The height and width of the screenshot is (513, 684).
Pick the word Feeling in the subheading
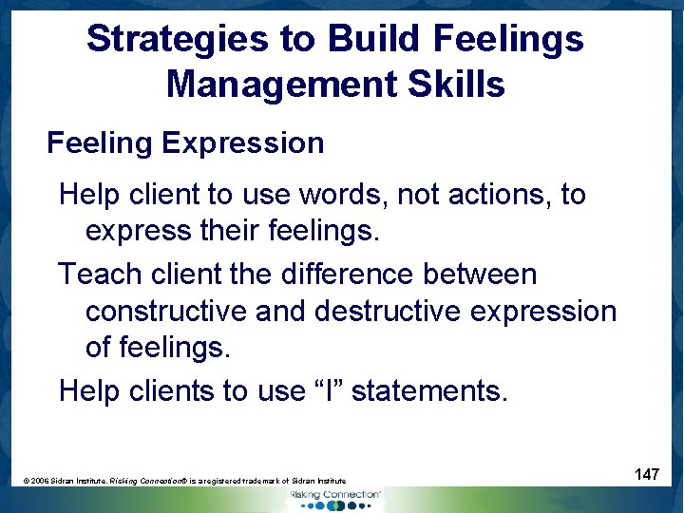[100, 143]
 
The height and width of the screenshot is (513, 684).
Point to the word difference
[348, 275]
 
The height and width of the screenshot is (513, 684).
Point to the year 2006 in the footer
[41, 482]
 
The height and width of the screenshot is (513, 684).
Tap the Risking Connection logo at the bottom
[335, 498]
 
